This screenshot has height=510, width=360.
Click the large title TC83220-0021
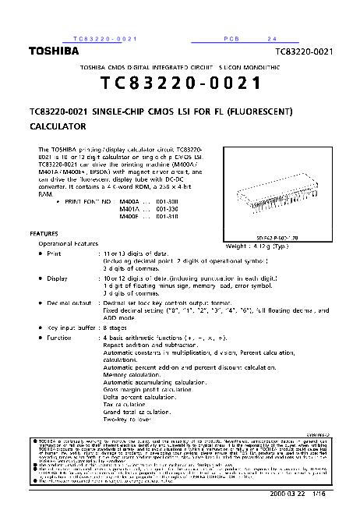coord(179,83)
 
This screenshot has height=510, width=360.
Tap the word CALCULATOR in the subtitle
coord(57,125)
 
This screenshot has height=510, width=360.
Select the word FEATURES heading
coord(44,233)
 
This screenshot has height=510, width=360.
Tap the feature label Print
coord(53,253)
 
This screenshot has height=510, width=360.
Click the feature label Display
coord(57,278)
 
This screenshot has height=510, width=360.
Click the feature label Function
coord(59,338)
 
